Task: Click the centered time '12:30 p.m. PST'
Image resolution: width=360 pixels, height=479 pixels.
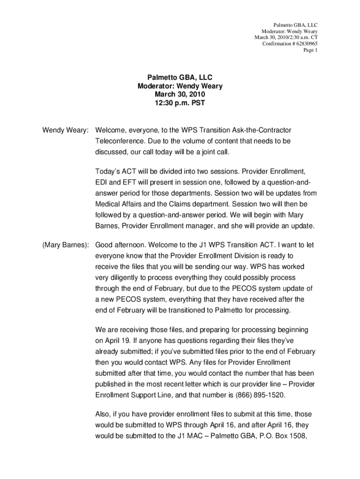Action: click(180, 103)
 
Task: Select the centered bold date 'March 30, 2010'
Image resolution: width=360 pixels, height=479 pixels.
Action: click(180, 94)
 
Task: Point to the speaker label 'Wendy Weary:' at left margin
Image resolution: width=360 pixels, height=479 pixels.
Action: click(65, 129)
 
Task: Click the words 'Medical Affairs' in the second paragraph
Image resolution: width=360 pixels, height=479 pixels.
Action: click(120, 204)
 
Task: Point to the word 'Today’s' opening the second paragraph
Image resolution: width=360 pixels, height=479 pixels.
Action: click(108, 171)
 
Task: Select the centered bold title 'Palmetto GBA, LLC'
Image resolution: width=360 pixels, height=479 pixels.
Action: click(180, 78)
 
